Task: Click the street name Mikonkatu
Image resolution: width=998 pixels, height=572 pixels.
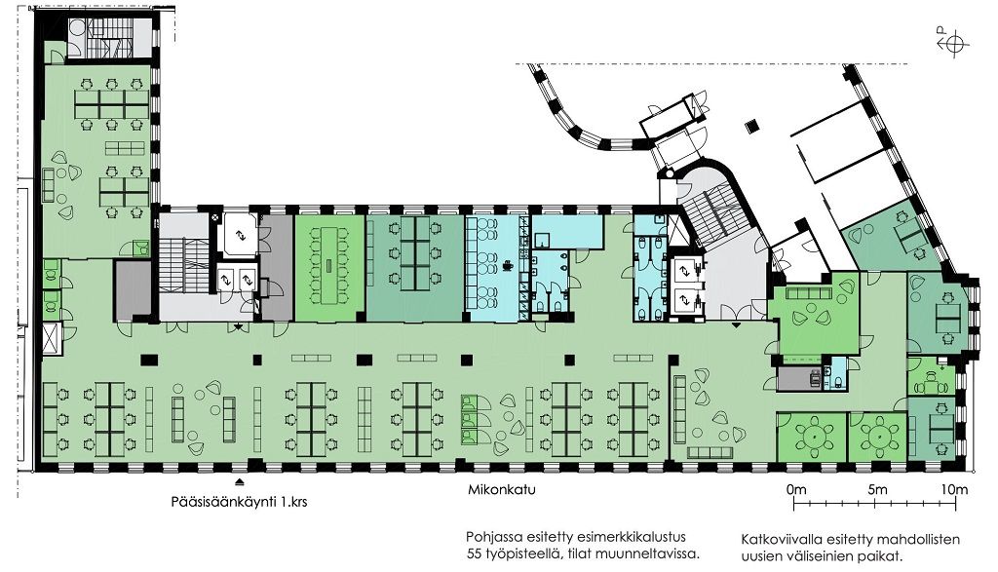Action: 502,490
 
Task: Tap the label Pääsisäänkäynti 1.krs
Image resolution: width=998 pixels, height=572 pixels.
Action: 240,502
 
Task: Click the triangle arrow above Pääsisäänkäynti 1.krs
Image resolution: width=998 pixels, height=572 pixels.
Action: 240,481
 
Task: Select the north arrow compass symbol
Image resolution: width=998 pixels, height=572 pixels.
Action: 953,44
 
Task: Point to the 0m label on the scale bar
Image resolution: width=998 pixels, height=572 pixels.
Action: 796,490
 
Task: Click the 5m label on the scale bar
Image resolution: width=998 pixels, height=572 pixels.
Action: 877,490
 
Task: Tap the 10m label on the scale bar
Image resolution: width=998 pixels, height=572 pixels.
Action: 955,490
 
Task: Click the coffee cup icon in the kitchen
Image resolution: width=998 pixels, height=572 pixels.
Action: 509,265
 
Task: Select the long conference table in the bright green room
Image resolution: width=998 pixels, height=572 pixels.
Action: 329,265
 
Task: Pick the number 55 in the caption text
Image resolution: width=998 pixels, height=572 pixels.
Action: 474,553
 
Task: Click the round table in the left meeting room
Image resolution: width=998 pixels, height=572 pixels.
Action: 815,437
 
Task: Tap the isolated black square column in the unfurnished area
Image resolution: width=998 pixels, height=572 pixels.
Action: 753,126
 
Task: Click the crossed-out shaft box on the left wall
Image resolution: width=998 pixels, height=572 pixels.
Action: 51,338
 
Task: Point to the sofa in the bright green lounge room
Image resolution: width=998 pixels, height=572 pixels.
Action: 809,292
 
